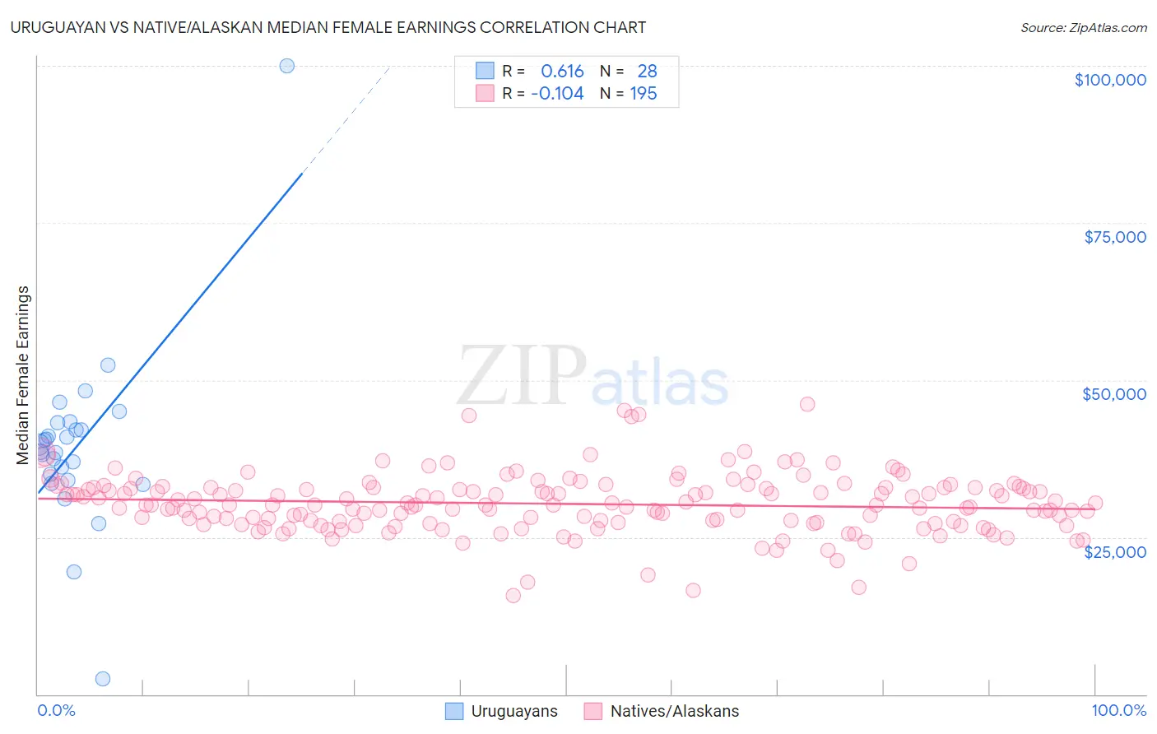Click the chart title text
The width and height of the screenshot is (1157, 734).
coord(328,27)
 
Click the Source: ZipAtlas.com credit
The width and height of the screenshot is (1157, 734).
coord(1083,27)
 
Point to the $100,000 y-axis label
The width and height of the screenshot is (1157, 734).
coord(1109,80)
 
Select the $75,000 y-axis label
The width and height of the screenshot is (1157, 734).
coord(1114,237)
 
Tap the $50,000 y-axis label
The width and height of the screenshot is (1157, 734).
coord(1113,394)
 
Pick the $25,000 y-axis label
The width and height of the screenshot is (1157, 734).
coord(1114,551)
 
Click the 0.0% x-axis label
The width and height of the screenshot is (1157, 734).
coord(56,710)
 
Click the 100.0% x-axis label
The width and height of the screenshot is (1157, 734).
coord(1118,710)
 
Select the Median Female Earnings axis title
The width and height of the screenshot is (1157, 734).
coord(23,375)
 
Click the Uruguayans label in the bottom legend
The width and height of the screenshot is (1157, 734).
coord(513,711)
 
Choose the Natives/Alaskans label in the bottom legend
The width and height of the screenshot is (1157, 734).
coord(674,711)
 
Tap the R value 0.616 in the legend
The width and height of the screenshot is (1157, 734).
coord(562,72)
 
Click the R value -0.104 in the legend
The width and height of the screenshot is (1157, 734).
coord(557,94)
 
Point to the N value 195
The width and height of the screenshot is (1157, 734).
coord(643,94)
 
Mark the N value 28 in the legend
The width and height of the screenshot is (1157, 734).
coord(647,72)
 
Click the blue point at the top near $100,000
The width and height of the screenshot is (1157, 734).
coord(286,66)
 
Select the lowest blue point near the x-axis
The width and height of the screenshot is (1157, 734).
coord(103,679)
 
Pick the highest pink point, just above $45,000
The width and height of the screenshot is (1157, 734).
coord(807,404)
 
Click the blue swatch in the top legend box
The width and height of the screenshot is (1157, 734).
coord(485,71)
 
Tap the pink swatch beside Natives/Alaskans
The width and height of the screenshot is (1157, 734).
coord(592,711)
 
